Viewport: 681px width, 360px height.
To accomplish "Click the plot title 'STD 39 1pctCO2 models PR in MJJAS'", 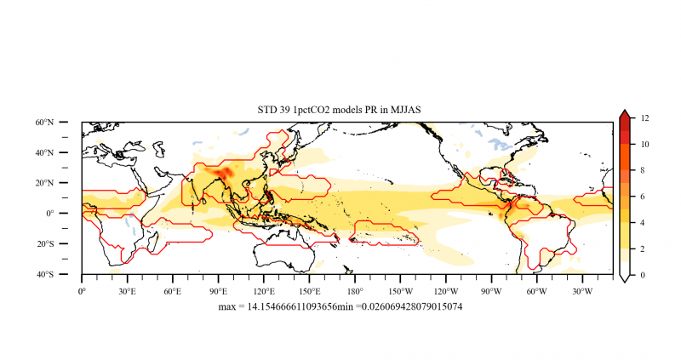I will (340, 110).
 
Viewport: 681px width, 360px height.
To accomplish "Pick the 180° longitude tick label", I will (355, 289).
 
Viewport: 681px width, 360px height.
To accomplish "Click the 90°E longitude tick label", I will (219, 289).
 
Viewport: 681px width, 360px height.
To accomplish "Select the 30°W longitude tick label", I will (582, 289).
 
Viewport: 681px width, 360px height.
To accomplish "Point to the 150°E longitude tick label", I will (309, 289).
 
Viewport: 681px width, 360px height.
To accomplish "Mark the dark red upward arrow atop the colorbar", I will (624, 115).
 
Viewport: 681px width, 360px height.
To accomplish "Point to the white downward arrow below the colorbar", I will (624, 279).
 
